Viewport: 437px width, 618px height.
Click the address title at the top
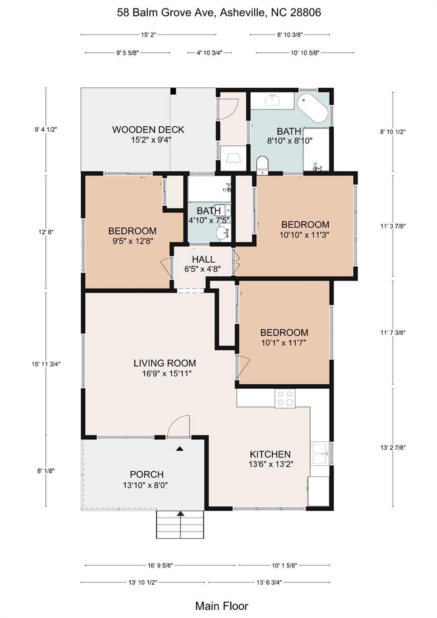point(219,12)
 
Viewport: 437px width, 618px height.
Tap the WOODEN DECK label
point(148,130)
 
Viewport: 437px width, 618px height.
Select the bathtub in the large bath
point(313,107)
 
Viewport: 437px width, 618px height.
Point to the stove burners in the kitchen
point(285,398)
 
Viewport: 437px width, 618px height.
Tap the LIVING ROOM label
point(165,363)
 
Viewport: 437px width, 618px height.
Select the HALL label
point(203,259)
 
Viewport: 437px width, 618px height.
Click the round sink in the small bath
point(222,233)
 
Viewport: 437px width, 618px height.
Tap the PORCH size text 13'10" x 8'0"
point(145,485)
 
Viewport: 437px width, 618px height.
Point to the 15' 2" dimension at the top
point(148,35)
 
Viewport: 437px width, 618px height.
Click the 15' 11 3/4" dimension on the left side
point(46,364)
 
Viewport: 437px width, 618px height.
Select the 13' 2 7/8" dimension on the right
point(393,447)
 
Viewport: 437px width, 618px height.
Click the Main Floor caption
point(221,606)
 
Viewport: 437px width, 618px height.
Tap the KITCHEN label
point(270,454)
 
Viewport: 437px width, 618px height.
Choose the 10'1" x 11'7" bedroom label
point(284,343)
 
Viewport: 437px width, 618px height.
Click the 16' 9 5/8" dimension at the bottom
point(160,565)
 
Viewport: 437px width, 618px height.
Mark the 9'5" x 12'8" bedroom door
point(166,266)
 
